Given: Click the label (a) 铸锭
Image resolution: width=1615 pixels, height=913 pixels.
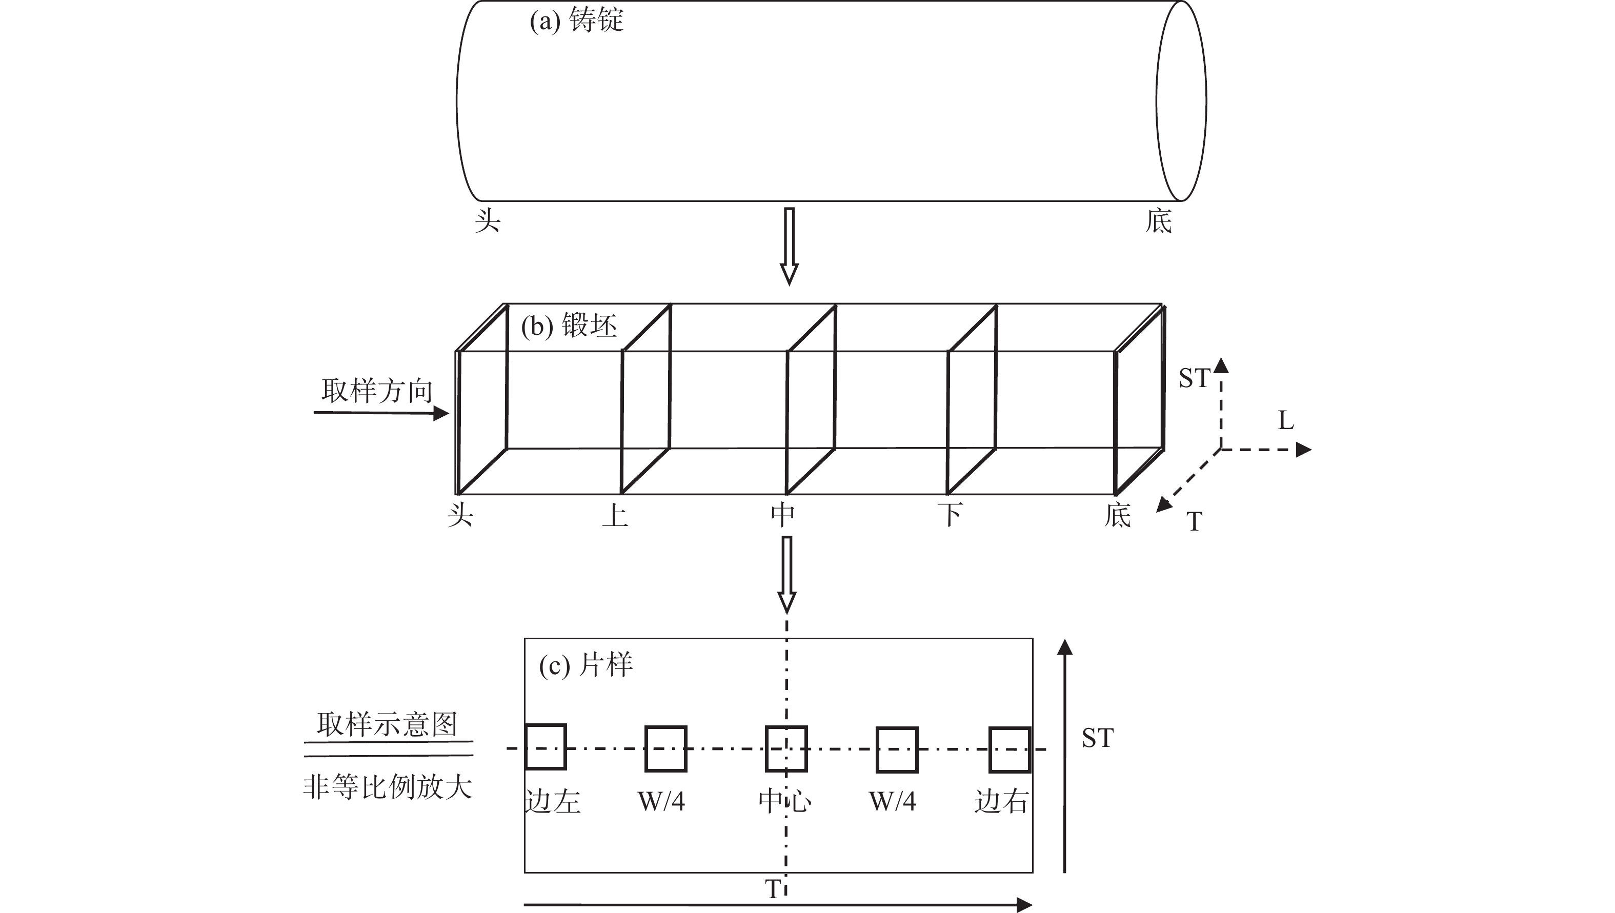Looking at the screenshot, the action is pyautogui.click(x=576, y=20).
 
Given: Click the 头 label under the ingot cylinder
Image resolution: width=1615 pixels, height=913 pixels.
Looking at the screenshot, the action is pyautogui.click(x=487, y=221).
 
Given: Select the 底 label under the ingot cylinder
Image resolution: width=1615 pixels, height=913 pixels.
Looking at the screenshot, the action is pyautogui.click(x=1158, y=221).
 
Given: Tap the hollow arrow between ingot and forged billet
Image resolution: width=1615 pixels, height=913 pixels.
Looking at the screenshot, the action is pyautogui.click(x=790, y=247).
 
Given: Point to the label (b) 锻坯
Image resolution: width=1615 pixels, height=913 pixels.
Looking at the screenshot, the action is pyautogui.click(x=569, y=326).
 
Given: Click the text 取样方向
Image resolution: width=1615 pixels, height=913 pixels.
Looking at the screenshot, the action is pyautogui.click(x=377, y=391).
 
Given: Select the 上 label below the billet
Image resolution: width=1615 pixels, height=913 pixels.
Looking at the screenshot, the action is pyautogui.click(x=615, y=515).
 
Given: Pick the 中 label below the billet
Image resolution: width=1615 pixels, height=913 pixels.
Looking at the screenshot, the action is pyautogui.click(x=783, y=515).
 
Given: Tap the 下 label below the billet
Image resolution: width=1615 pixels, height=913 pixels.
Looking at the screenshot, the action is pyautogui.click(x=951, y=515).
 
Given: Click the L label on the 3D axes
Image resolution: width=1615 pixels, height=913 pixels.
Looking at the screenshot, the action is pyautogui.click(x=1286, y=420).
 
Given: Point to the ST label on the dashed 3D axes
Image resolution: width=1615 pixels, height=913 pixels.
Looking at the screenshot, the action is pyautogui.click(x=1194, y=378).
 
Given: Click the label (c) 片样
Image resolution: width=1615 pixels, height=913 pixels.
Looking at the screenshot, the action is pyautogui.click(x=586, y=665).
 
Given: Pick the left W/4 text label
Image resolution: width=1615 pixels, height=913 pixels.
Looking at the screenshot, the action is pyautogui.click(x=661, y=801).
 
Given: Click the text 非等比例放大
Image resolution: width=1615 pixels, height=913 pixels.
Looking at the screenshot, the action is pyautogui.click(x=388, y=787).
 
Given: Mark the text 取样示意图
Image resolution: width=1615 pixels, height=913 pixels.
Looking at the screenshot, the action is pyautogui.click(x=387, y=724).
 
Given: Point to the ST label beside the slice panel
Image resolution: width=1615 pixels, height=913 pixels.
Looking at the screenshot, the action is pyautogui.click(x=1098, y=738).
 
